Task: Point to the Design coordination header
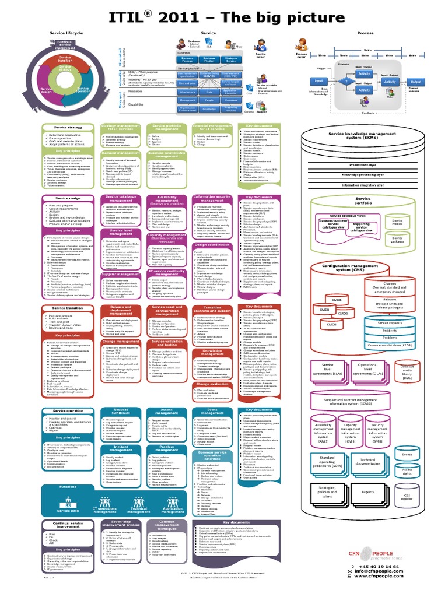[212, 245]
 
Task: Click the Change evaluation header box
[212, 384]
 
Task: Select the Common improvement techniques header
[167, 524]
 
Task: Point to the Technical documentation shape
[368, 461]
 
